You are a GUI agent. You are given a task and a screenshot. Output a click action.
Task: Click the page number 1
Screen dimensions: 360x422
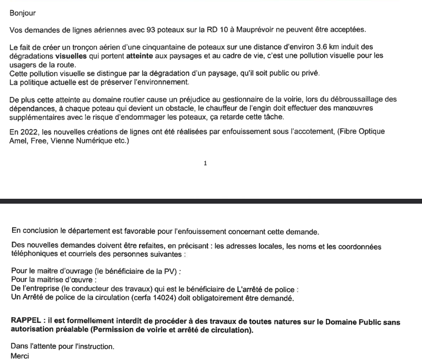tap(205, 164)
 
